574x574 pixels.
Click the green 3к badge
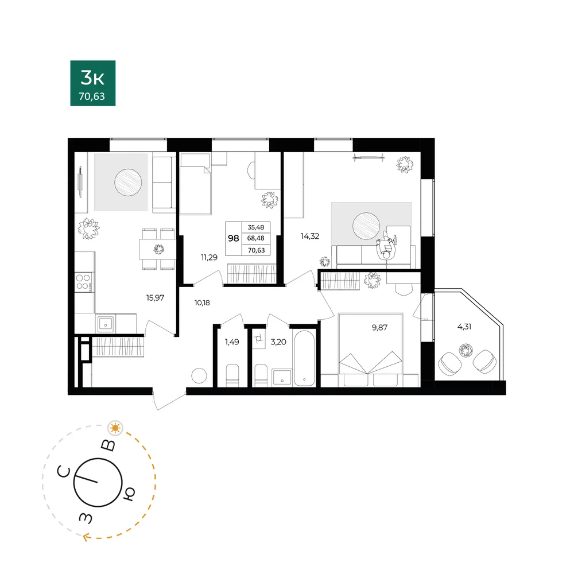tap(93, 83)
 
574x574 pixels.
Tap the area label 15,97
tap(155, 298)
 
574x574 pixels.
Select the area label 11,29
tap(209, 258)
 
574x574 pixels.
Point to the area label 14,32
tap(310, 236)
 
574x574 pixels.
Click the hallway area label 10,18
tap(202, 302)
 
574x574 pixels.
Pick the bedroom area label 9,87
tap(379, 328)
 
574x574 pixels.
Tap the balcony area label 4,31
tap(464, 327)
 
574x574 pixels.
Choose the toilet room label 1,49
tap(232, 342)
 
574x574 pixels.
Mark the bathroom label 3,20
tap(278, 342)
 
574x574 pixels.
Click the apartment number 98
tap(234, 238)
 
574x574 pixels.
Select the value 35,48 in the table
tap(256, 227)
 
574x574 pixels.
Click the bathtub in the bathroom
tap(304, 358)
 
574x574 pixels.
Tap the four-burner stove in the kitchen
tap(84, 282)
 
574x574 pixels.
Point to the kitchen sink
tap(106, 324)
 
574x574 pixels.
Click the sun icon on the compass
tap(115, 428)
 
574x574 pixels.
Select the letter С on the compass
tap(64, 472)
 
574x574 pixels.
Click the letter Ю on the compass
tap(129, 494)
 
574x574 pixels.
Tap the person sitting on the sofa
tap(386, 246)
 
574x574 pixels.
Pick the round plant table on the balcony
tap(466, 350)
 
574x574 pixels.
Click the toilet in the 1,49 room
tap(232, 375)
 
